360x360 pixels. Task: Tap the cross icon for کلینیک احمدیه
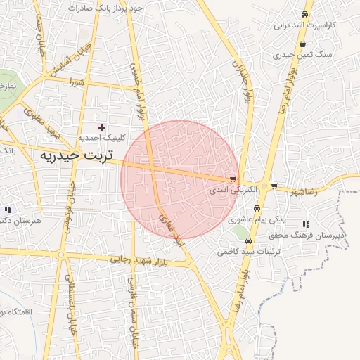pos(102,127)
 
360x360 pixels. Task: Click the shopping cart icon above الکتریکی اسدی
pos(233,179)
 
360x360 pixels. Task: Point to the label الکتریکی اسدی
pos(226,191)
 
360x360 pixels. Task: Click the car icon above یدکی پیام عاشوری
pos(257,209)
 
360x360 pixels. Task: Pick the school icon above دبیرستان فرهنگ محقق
pos(305,224)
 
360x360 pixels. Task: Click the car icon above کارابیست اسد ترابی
pos(304,14)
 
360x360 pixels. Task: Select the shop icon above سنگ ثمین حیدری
pos(302,44)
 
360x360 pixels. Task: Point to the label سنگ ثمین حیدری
pos(303,54)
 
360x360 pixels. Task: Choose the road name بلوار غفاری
pos(172,229)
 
